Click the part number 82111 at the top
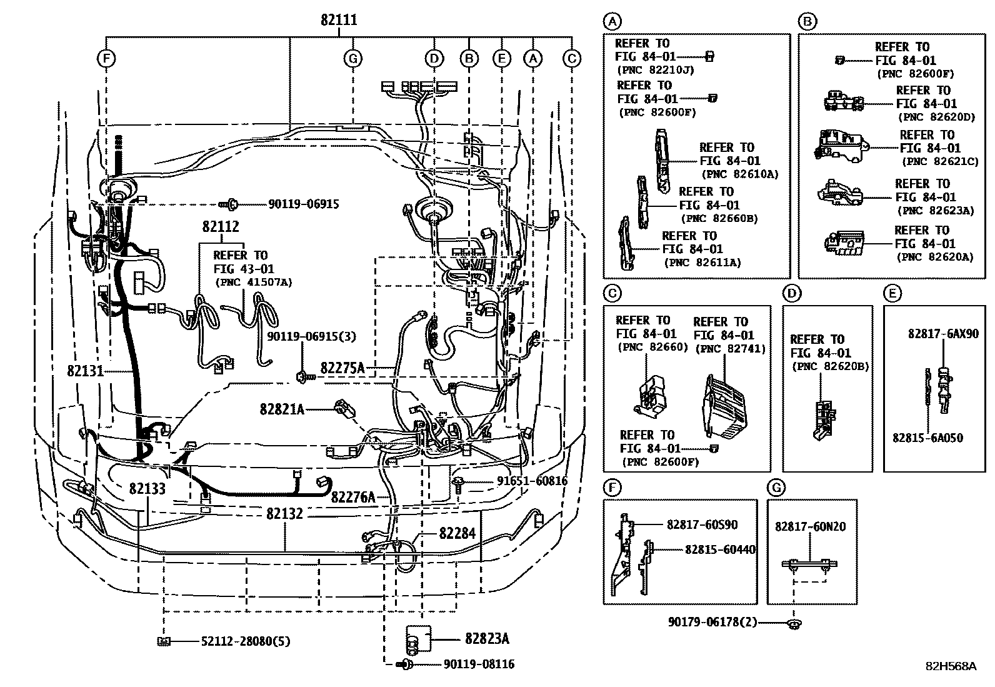click(x=339, y=20)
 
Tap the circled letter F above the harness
click(x=106, y=58)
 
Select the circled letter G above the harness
click(x=353, y=58)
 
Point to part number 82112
click(x=221, y=227)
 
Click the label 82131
click(x=85, y=371)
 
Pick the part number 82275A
click(x=342, y=368)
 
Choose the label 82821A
click(x=282, y=409)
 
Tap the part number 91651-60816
click(x=532, y=480)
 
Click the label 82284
click(x=457, y=533)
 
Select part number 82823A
click(x=487, y=639)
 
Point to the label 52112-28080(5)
click(x=246, y=641)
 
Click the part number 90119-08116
click(x=479, y=664)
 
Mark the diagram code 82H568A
click(x=951, y=666)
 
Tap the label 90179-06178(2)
click(x=712, y=622)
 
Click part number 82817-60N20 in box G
click(x=810, y=526)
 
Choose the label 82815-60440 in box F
click(x=720, y=549)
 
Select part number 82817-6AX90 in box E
click(x=943, y=334)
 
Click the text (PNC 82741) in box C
click(x=731, y=349)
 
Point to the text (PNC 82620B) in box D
click(x=830, y=366)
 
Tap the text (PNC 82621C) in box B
click(x=940, y=161)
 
